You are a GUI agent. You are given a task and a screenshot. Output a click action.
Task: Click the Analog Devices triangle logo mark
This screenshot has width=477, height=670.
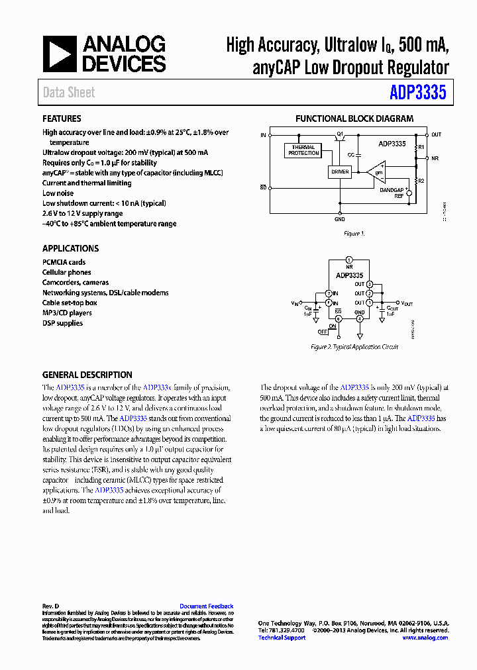point(60,54)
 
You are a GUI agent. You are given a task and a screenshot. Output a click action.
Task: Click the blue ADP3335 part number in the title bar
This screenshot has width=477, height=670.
point(419,93)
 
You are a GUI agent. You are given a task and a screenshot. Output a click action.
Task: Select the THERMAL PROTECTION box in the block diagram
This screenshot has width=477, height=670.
point(303,150)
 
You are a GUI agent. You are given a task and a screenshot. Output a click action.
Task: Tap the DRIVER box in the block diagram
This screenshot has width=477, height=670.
point(339,172)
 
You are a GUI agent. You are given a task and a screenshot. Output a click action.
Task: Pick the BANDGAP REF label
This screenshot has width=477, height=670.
point(392,193)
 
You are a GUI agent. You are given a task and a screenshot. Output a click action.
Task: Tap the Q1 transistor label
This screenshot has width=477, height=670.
point(340,134)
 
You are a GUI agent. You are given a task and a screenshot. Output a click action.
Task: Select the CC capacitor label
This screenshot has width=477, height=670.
point(350,154)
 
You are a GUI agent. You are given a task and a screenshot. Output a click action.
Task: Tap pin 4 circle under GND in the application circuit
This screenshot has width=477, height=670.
point(360,318)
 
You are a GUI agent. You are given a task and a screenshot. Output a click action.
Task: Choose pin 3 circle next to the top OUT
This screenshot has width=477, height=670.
point(370,283)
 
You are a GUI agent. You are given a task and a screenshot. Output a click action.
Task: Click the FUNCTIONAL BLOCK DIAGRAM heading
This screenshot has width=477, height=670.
point(354,119)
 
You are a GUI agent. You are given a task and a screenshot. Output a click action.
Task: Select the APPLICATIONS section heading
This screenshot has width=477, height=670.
point(70,248)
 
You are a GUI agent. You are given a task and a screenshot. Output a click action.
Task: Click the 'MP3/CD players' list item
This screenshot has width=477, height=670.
point(67,312)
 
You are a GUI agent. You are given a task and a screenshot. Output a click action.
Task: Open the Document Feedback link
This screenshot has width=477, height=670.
point(206,606)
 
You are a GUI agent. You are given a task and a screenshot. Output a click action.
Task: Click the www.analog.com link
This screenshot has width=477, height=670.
point(425,638)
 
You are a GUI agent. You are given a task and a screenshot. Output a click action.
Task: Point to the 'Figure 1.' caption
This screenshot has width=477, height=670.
point(354,234)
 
